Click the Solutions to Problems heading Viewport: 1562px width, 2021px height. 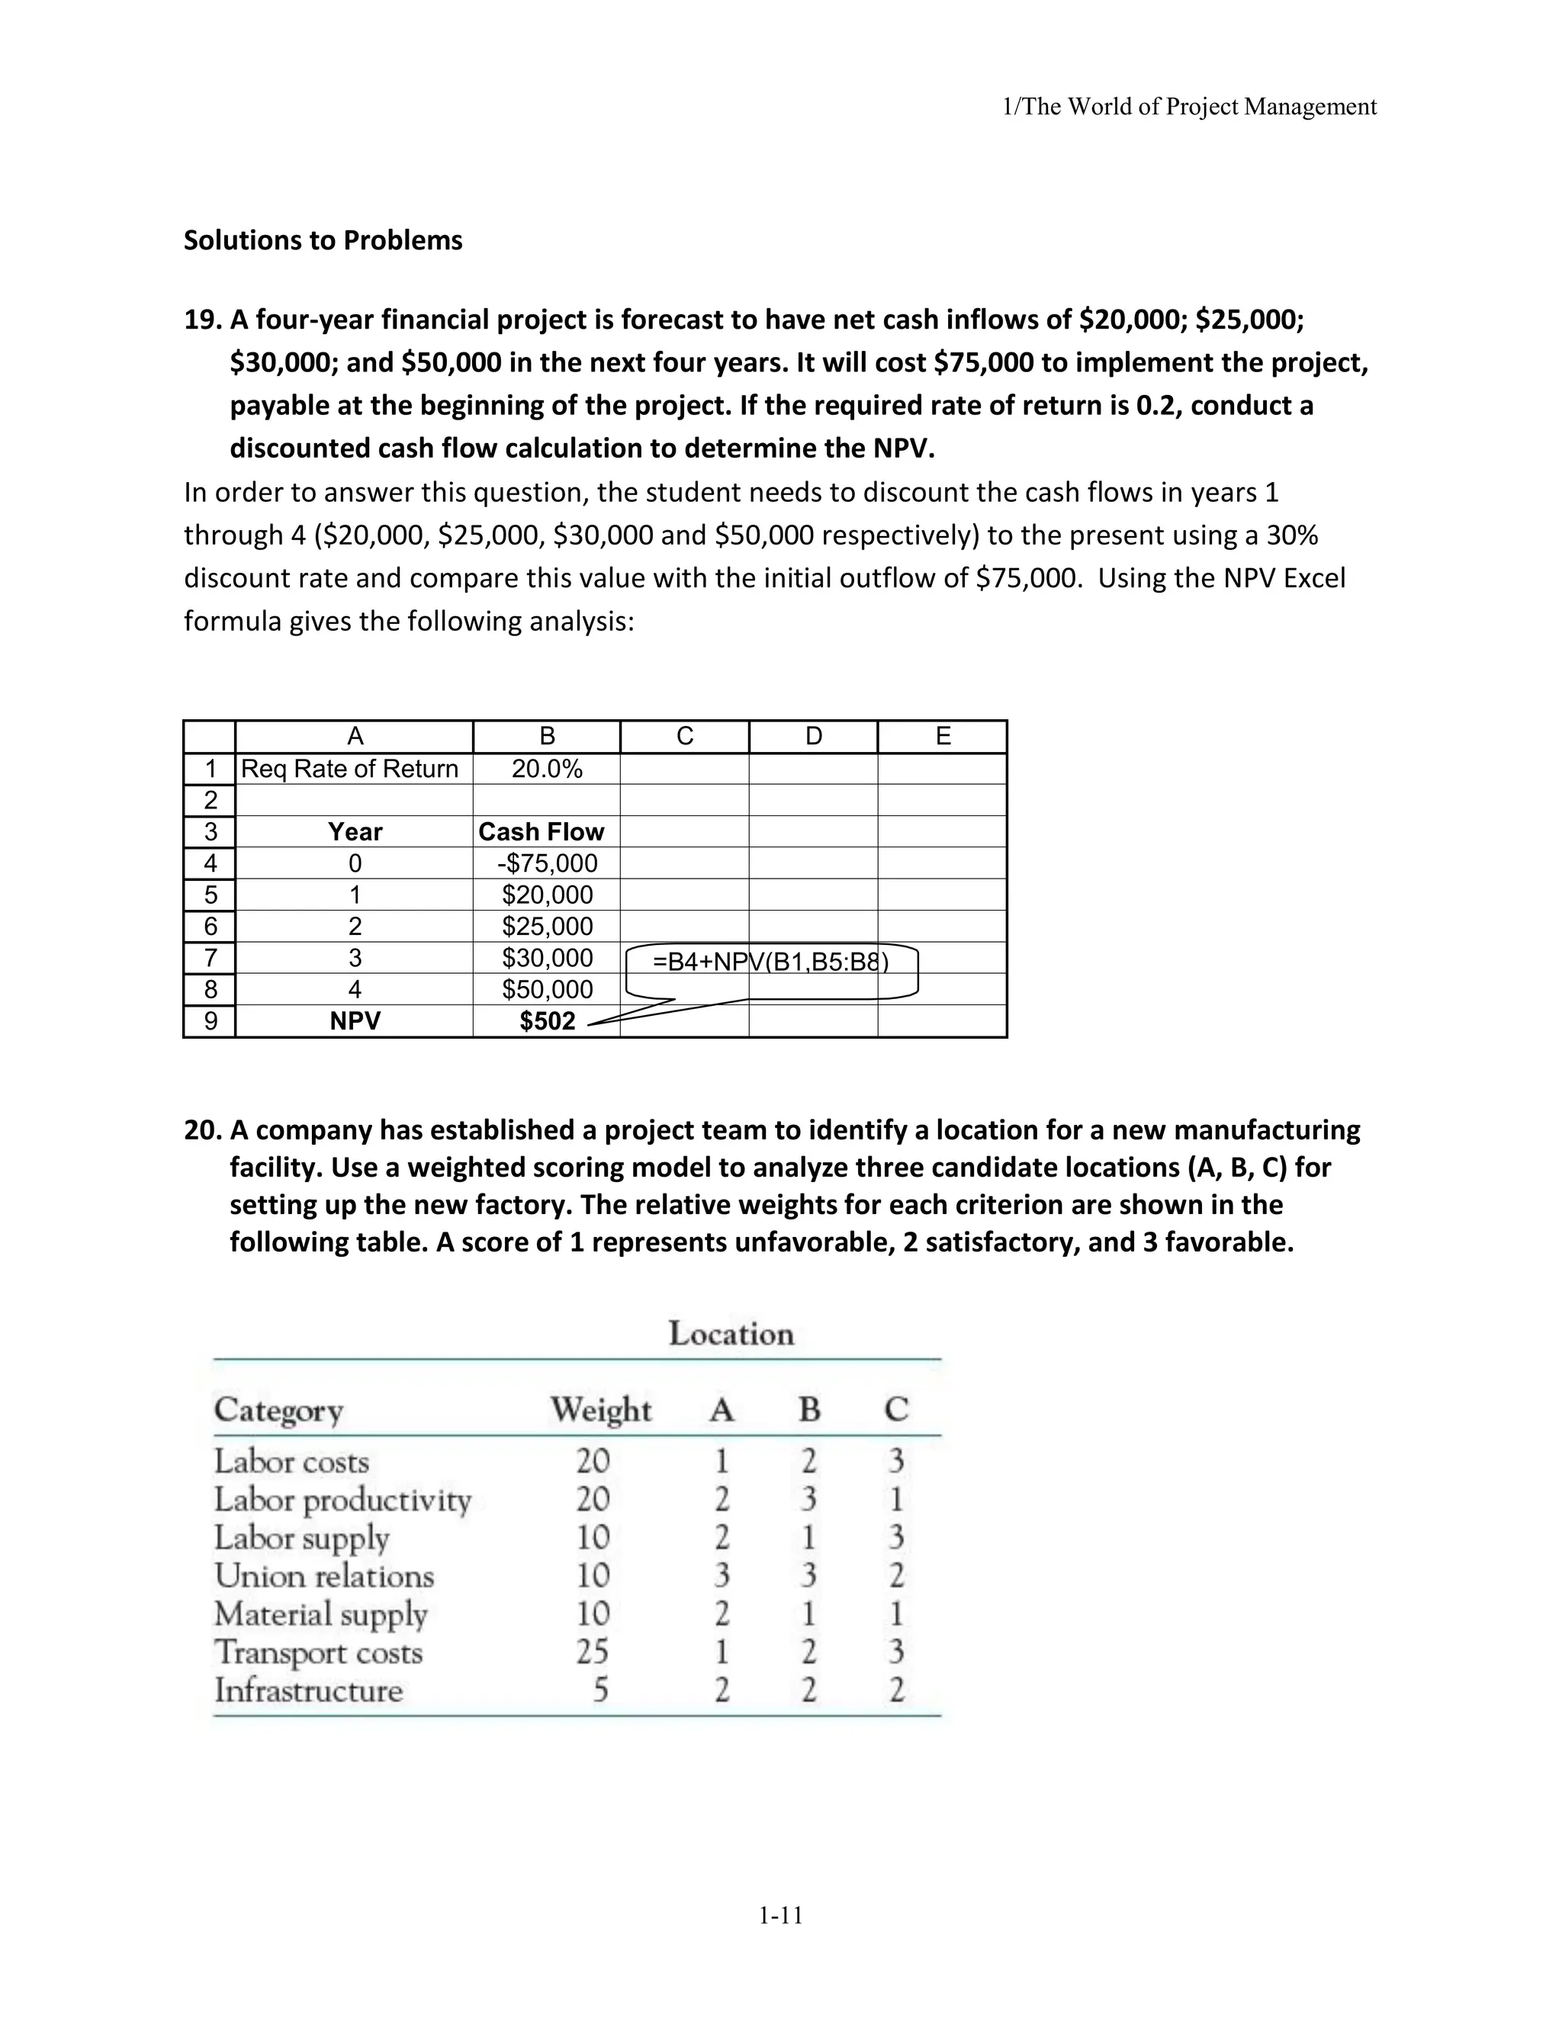323,240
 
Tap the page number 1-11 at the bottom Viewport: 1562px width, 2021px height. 781,1916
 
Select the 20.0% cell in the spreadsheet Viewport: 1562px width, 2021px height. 547,769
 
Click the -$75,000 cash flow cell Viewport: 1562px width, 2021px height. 547,863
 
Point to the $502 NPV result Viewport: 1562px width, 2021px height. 547,1022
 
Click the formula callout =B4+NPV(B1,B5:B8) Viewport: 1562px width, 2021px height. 771,962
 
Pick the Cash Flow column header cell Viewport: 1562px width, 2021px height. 542,832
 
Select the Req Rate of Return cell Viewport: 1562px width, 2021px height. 350,769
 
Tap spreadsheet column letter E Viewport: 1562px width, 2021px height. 943,737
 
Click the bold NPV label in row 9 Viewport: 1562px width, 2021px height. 355,1022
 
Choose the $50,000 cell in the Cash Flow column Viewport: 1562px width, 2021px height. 547,990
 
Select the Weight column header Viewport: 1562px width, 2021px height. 600,1410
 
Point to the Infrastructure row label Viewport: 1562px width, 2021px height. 309,1691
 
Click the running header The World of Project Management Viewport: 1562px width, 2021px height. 1190,108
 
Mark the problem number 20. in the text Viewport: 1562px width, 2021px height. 203,1131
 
